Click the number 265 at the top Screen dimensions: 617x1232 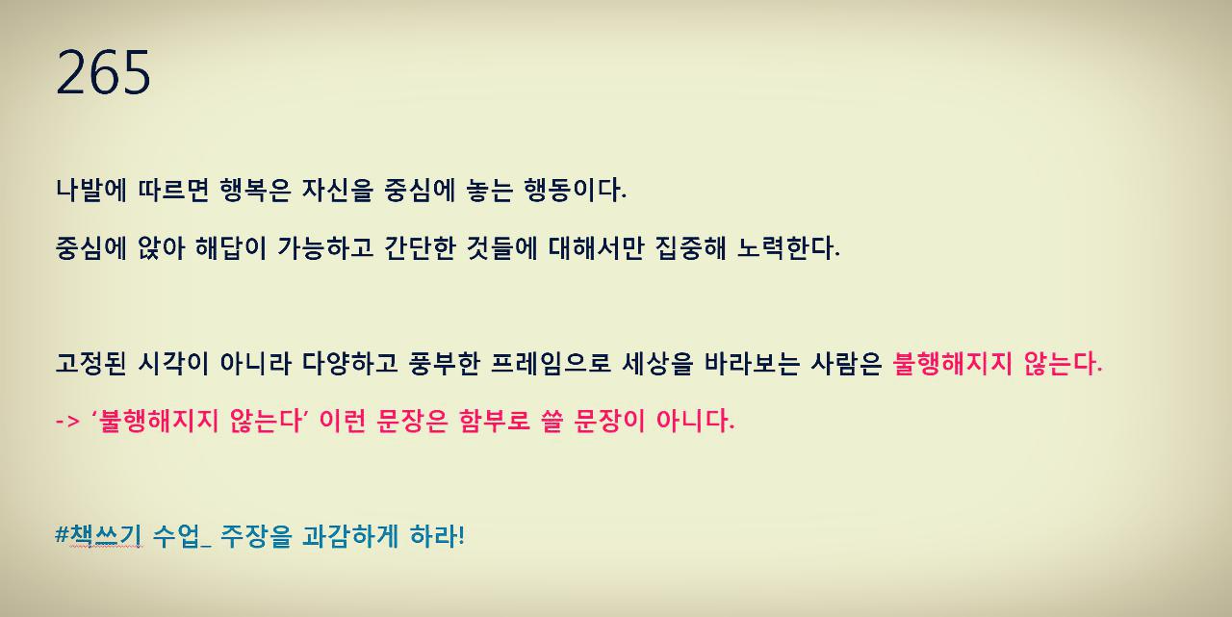[x=104, y=73]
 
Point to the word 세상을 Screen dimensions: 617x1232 [x=654, y=364]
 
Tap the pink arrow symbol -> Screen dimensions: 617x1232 [x=67, y=422]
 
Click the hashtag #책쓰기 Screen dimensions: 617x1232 [x=99, y=535]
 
